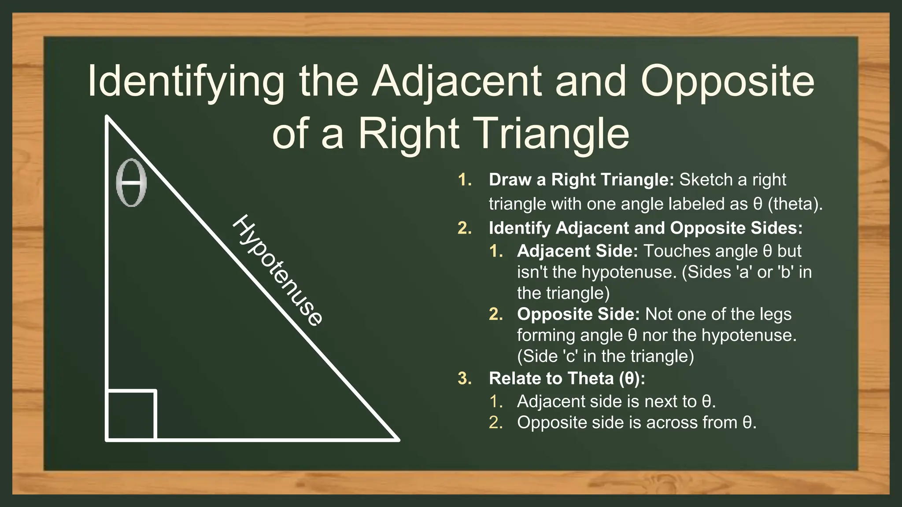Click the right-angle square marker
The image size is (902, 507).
coord(131,415)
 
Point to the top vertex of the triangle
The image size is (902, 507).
coord(107,117)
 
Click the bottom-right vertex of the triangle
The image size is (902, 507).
coord(398,439)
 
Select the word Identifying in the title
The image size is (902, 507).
coord(185,81)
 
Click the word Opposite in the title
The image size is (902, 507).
coord(727,81)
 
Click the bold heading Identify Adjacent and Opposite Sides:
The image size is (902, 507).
coord(646,228)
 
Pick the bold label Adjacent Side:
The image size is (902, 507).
coord(577,251)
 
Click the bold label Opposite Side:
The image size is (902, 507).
coord(578,314)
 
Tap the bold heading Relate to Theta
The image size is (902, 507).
coord(566,378)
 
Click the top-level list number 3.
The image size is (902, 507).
coord(465,378)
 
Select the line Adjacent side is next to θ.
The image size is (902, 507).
coord(616,401)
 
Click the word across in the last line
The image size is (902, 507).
coord(672,422)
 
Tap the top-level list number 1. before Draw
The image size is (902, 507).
coord(465,180)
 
